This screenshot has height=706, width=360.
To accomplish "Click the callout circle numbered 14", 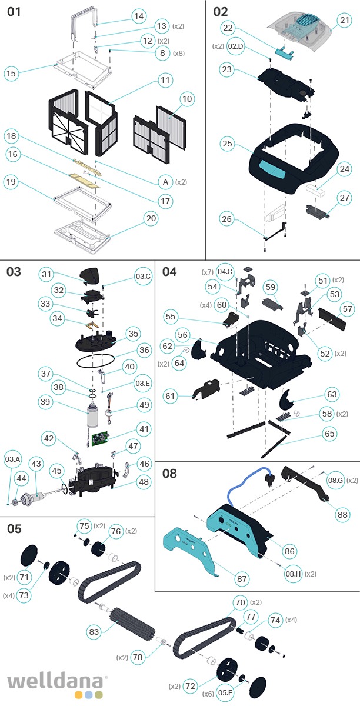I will tap(138, 16).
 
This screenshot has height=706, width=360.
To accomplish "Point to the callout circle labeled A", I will tap(166, 182).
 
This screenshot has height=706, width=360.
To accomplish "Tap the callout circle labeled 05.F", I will tap(225, 694).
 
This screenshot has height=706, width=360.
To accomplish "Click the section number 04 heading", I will tap(169, 271).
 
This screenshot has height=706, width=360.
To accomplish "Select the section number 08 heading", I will tap(169, 474).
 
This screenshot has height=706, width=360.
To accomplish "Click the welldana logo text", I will tap(56, 682).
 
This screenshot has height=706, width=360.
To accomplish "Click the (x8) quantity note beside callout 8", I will tap(179, 53).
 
